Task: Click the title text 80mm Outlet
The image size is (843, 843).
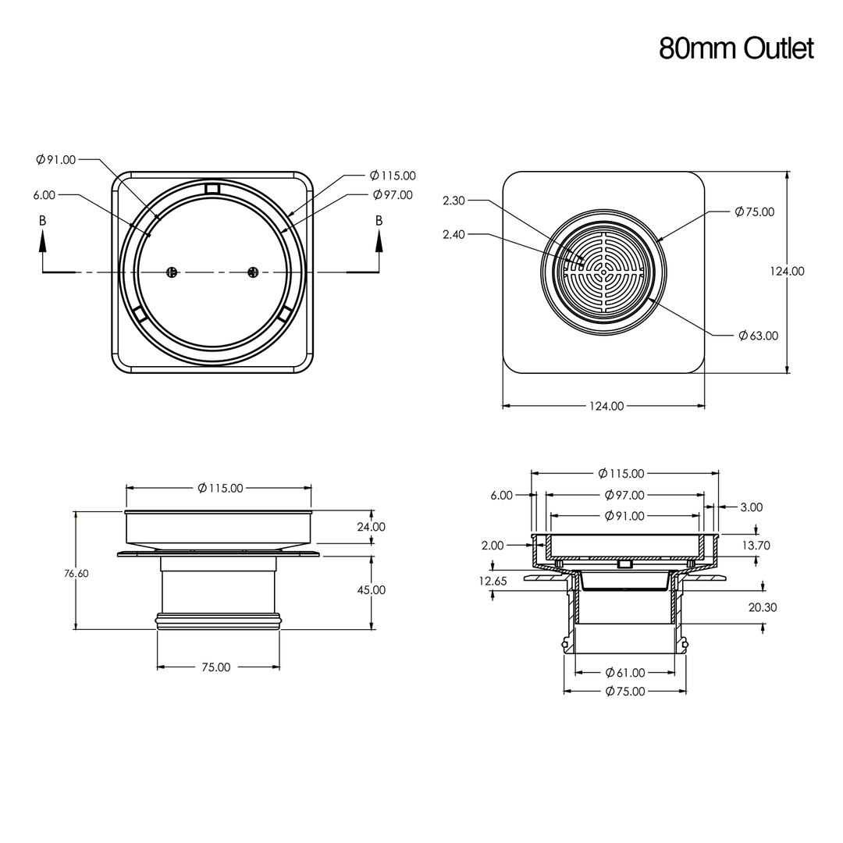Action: [x=735, y=48]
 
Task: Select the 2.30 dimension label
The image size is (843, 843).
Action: [x=454, y=201]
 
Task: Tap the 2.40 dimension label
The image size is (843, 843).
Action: [x=454, y=234]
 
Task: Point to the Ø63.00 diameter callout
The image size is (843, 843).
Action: [x=758, y=336]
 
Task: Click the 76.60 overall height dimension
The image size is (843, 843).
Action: [x=76, y=573]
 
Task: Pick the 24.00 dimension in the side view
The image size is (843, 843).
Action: [x=371, y=527]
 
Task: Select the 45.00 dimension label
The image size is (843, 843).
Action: [x=371, y=590]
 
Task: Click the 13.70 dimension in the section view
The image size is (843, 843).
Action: [x=755, y=546]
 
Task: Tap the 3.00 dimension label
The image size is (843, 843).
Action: [x=751, y=507]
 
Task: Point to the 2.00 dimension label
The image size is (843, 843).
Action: [x=492, y=546]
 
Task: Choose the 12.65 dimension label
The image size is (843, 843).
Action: [x=493, y=581]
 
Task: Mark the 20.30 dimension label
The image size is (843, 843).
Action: [x=762, y=607]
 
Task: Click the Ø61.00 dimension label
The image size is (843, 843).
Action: [x=625, y=673]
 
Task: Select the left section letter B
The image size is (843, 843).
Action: [x=42, y=221]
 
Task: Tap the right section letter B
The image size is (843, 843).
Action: [x=379, y=221]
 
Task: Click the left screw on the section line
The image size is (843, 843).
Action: [x=173, y=272]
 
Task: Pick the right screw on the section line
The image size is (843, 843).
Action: [x=252, y=272]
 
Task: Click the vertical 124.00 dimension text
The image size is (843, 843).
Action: [x=787, y=272]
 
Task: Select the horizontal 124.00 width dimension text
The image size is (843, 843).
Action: [x=606, y=406]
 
